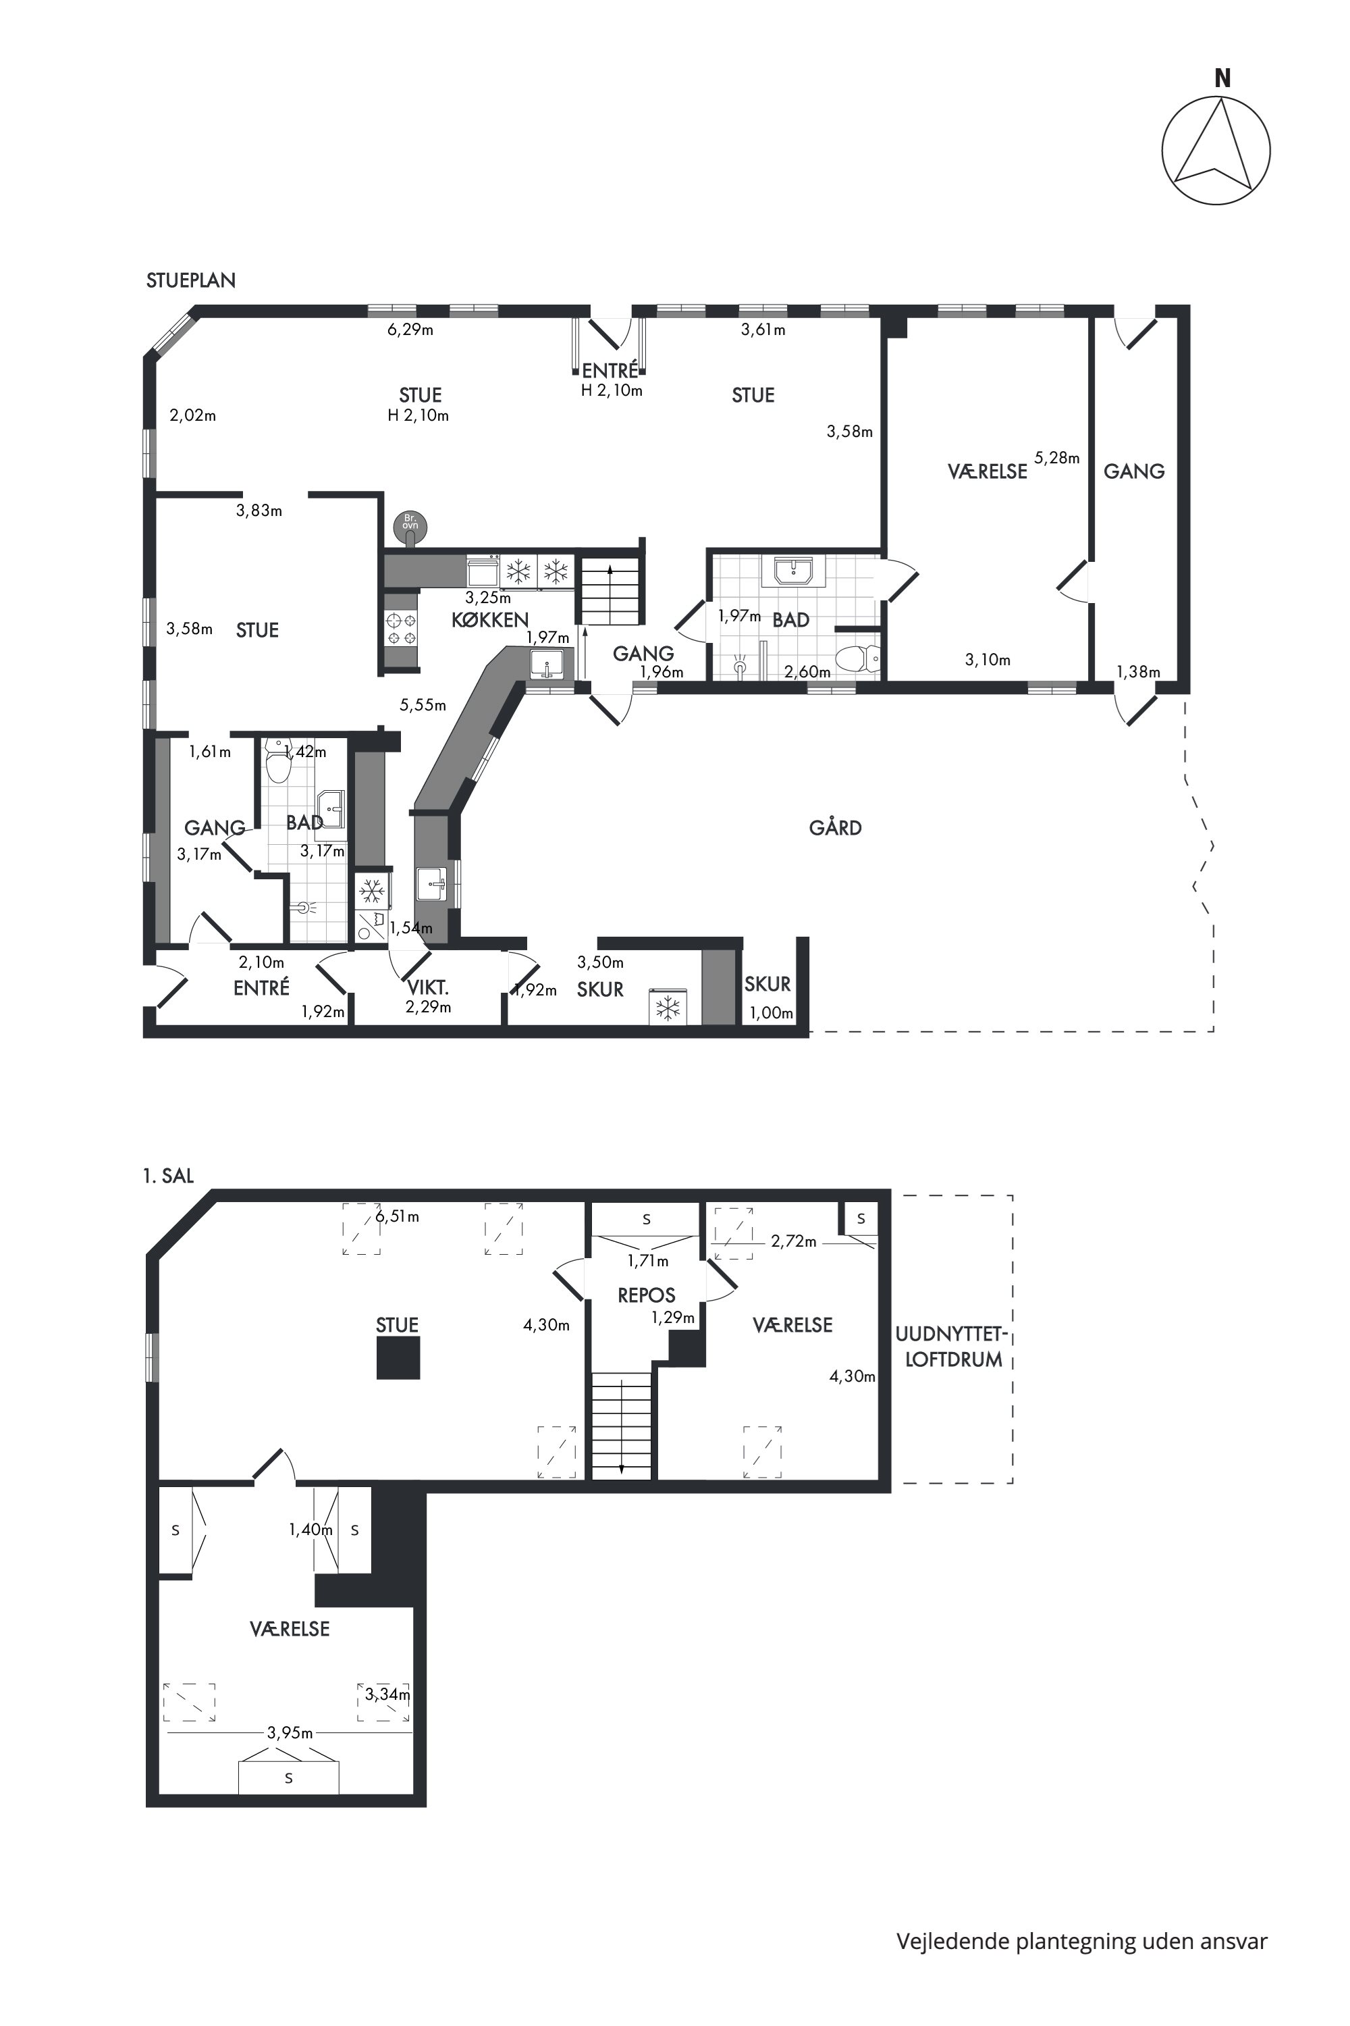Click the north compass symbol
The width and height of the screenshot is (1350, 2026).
tap(1216, 151)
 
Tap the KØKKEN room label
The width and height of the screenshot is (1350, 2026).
tap(490, 619)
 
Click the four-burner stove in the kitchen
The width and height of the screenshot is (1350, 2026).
tap(401, 628)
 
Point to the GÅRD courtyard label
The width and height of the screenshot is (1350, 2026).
tap(835, 828)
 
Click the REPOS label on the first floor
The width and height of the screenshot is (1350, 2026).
tap(647, 1295)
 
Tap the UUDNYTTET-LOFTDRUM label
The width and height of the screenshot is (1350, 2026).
tap(950, 1347)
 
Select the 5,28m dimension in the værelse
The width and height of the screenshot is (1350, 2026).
tap(1056, 459)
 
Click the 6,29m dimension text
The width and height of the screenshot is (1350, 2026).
tap(410, 329)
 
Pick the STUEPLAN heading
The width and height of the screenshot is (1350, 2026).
tap(191, 281)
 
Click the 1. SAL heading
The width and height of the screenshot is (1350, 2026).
tap(169, 1176)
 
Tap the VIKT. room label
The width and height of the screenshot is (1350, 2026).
tap(429, 988)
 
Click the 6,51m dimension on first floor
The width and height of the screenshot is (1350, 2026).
tap(397, 1216)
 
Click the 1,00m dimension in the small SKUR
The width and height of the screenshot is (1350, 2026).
tap(772, 1013)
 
